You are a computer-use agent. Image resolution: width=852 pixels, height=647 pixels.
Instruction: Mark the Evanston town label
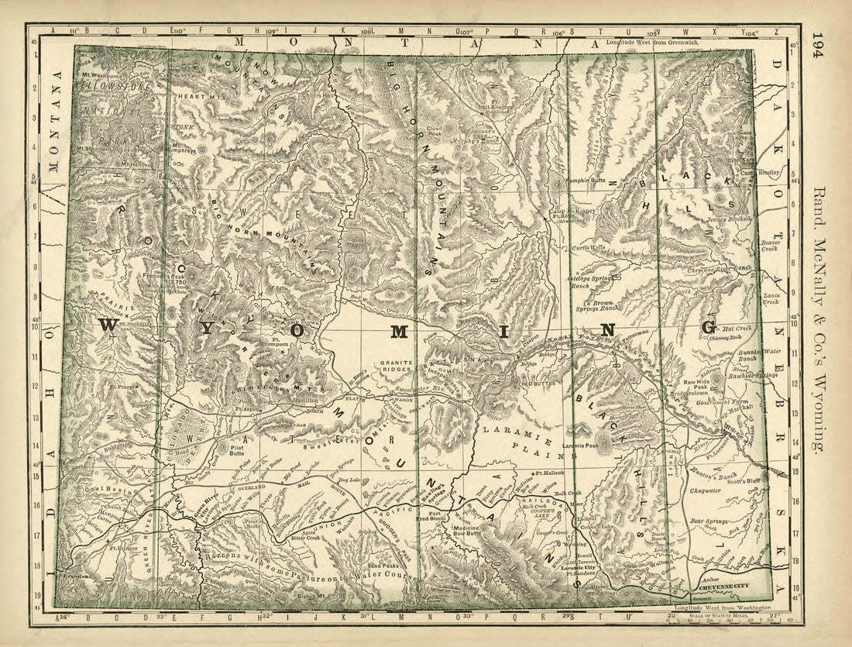point(77,577)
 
